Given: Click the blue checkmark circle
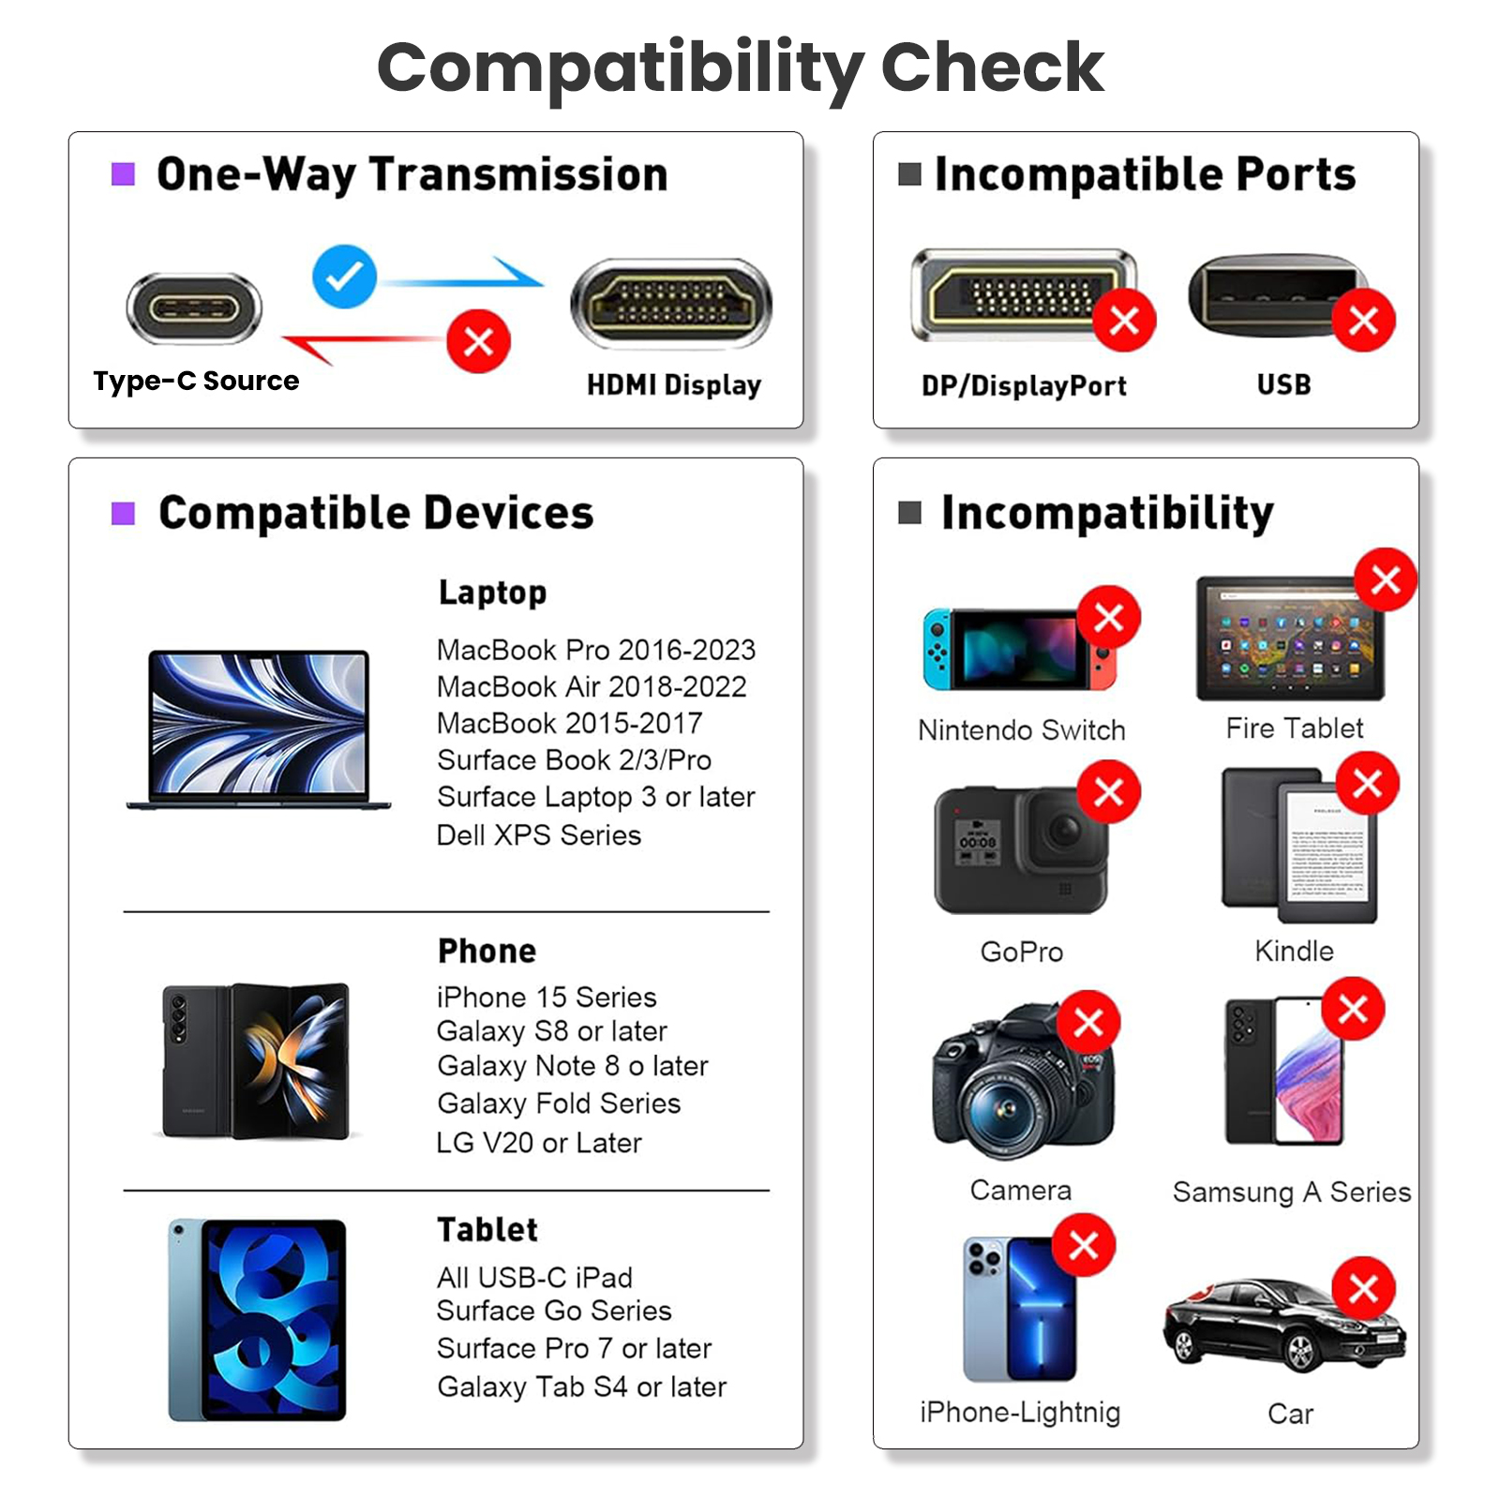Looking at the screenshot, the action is [x=344, y=277].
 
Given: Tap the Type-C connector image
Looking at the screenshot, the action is [x=194, y=308].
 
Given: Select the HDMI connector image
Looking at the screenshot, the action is [x=671, y=305].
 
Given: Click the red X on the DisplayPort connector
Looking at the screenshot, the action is [x=1124, y=321].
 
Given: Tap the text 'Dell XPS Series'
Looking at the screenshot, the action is [x=539, y=835].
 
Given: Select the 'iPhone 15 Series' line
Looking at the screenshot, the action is [x=547, y=997].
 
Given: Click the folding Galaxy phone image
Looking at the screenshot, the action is [x=255, y=1061].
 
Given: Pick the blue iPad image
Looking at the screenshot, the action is [x=257, y=1320].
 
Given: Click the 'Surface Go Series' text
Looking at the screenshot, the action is [x=554, y=1311].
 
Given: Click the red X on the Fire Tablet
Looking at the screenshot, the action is [x=1386, y=579].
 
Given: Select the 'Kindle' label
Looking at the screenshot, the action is [x=1294, y=951].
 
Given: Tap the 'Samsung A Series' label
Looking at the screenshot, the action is [x=1292, y=1192].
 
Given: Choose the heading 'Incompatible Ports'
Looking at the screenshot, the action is [x=1146, y=174].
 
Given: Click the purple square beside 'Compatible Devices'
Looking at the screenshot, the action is [x=123, y=513].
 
